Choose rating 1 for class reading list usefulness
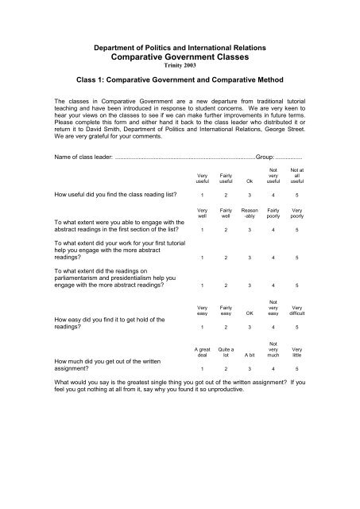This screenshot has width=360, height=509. pos(203,194)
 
